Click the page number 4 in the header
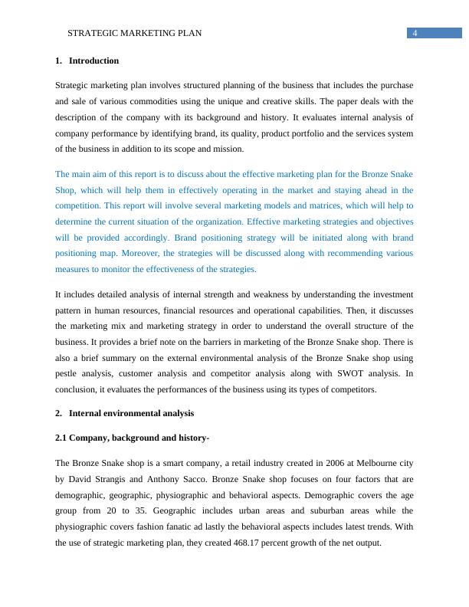[x=415, y=33]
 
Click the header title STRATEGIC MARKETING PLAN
[x=135, y=34]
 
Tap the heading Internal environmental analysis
[x=131, y=413]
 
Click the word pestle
[x=68, y=373]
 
